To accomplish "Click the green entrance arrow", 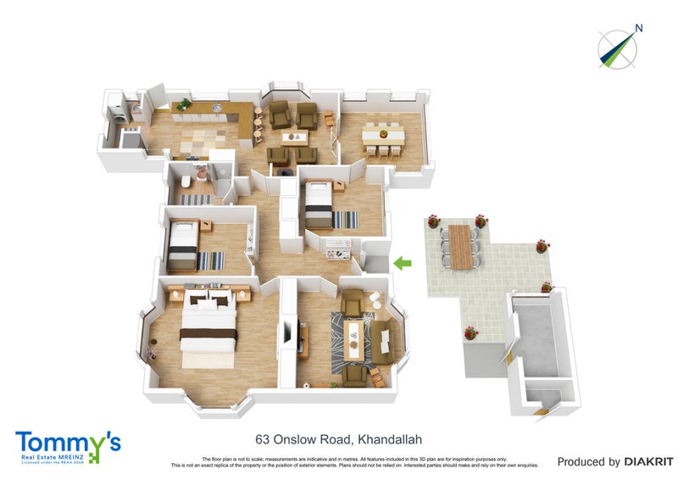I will click(x=403, y=264).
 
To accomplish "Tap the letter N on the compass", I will click(x=639, y=28).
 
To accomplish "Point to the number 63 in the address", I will click(x=264, y=439).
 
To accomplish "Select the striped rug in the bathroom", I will click(x=196, y=199).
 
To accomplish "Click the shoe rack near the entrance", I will click(x=338, y=248).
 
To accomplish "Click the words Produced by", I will click(x=588, y=462).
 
